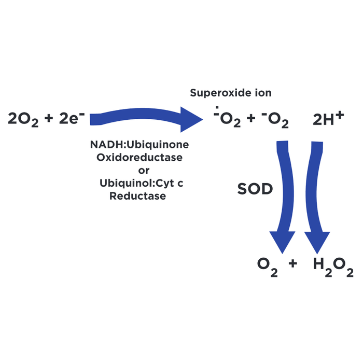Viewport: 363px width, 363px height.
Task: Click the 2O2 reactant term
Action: point(23,119)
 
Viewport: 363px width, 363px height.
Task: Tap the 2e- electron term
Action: point(72,118)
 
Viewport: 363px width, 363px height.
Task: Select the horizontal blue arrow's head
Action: point(192,119)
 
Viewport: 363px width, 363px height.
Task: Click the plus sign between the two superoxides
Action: point(250,118)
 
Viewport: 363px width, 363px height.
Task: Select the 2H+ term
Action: point(328,119)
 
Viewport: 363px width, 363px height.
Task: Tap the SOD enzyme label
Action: point(255,189)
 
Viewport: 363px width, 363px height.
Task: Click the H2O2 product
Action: point(333,267)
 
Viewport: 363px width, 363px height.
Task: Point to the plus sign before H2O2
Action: point(293,263)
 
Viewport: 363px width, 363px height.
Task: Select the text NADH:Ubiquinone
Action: point(139,145)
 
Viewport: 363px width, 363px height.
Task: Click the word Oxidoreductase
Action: point(139,158)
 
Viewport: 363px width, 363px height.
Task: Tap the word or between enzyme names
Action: point(144,171)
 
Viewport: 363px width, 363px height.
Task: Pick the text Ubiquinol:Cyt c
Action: point(141,184)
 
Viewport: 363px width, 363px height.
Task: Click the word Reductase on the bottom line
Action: point(137,196)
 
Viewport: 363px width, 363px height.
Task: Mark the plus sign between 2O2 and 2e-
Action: point(49,118)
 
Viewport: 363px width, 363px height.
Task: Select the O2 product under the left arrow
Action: point(268,267)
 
